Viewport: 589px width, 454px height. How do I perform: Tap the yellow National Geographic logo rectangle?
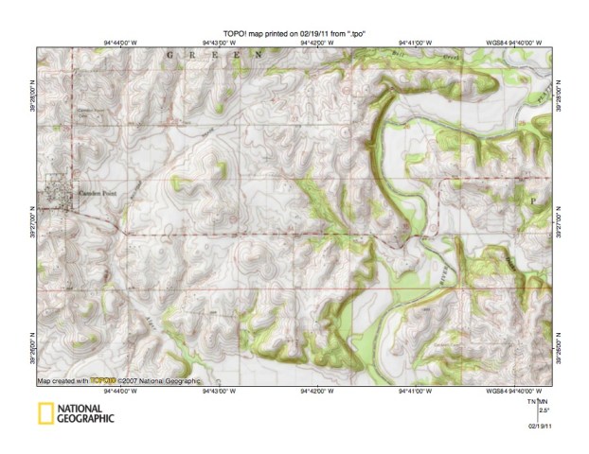tap(45, 412)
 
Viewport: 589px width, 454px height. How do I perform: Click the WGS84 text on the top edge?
tap(497, 43)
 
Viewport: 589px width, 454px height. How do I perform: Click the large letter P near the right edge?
tap(532, 201)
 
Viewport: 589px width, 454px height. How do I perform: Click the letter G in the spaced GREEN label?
tap(170, 56)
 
